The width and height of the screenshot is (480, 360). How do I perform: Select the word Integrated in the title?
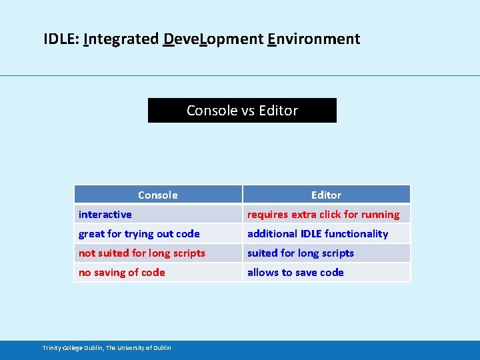point(121,39)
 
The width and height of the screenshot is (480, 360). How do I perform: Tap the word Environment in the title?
point(313,39)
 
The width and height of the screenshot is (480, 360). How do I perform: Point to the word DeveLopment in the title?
point(213,39)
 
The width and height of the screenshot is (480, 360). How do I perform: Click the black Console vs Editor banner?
point(242,111)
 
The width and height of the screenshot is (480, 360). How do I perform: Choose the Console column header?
point(157,195)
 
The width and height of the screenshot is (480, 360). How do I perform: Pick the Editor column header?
point(326,195)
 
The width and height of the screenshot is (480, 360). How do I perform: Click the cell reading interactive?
point(105,214)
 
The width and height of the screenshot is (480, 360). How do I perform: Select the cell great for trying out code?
point(139,233)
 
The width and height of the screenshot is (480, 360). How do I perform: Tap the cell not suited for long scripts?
point(142,253)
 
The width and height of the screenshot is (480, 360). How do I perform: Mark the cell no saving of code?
point(122,272)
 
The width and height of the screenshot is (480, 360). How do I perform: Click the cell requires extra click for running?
point(323,214)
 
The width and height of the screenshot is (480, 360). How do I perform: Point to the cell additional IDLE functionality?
point(317,233)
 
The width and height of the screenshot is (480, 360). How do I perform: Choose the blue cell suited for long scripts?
point(301,253)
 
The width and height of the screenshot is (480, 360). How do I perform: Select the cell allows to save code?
point(295,272)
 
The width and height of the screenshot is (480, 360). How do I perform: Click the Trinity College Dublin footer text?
point(107,347)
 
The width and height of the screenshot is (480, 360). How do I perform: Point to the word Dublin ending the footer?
point(162,347)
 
